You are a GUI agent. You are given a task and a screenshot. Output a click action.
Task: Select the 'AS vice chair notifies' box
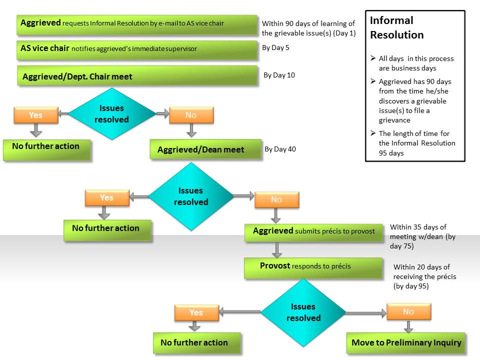(137, 49)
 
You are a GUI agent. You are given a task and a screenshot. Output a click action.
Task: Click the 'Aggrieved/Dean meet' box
(205, 149)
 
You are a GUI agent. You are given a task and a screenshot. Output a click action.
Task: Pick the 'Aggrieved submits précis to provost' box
(314, 231)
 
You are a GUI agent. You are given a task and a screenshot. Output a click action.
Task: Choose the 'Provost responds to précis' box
(313, 267)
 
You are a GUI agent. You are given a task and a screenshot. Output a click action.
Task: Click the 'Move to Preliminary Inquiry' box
(406, 343)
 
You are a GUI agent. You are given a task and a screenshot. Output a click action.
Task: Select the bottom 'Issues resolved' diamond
(303, 312)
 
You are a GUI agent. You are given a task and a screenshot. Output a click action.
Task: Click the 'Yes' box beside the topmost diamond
(35, 115)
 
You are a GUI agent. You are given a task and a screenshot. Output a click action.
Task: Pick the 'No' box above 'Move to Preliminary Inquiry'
(408, 312)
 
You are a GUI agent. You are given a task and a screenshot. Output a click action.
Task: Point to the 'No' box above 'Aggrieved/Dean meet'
(191, 115)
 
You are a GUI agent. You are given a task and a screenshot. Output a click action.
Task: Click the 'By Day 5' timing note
(275, 48)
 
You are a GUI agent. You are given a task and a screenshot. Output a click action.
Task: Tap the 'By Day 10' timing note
(279, 75)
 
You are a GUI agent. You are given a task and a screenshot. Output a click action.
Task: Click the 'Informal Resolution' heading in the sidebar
(396, 27)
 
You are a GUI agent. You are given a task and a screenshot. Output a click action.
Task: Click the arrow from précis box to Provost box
(277, 249)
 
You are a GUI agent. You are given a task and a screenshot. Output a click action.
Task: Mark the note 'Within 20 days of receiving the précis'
(424, 276)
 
